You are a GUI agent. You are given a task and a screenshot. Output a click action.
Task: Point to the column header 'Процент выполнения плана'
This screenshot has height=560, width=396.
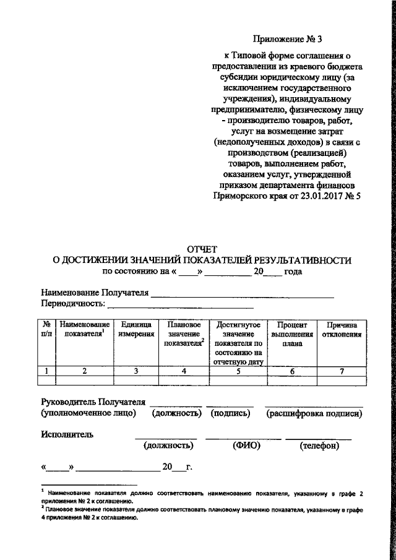coord(292,334)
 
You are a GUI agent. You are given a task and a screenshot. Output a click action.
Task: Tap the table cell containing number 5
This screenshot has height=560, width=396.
coord(238,371)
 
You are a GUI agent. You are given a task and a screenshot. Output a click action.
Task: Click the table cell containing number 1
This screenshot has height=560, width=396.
coord(46,371)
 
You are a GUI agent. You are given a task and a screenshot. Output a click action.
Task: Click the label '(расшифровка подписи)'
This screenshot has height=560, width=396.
coord(314,413)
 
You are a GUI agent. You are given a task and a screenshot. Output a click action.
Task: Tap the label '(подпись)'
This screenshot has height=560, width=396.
coord(230,413)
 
